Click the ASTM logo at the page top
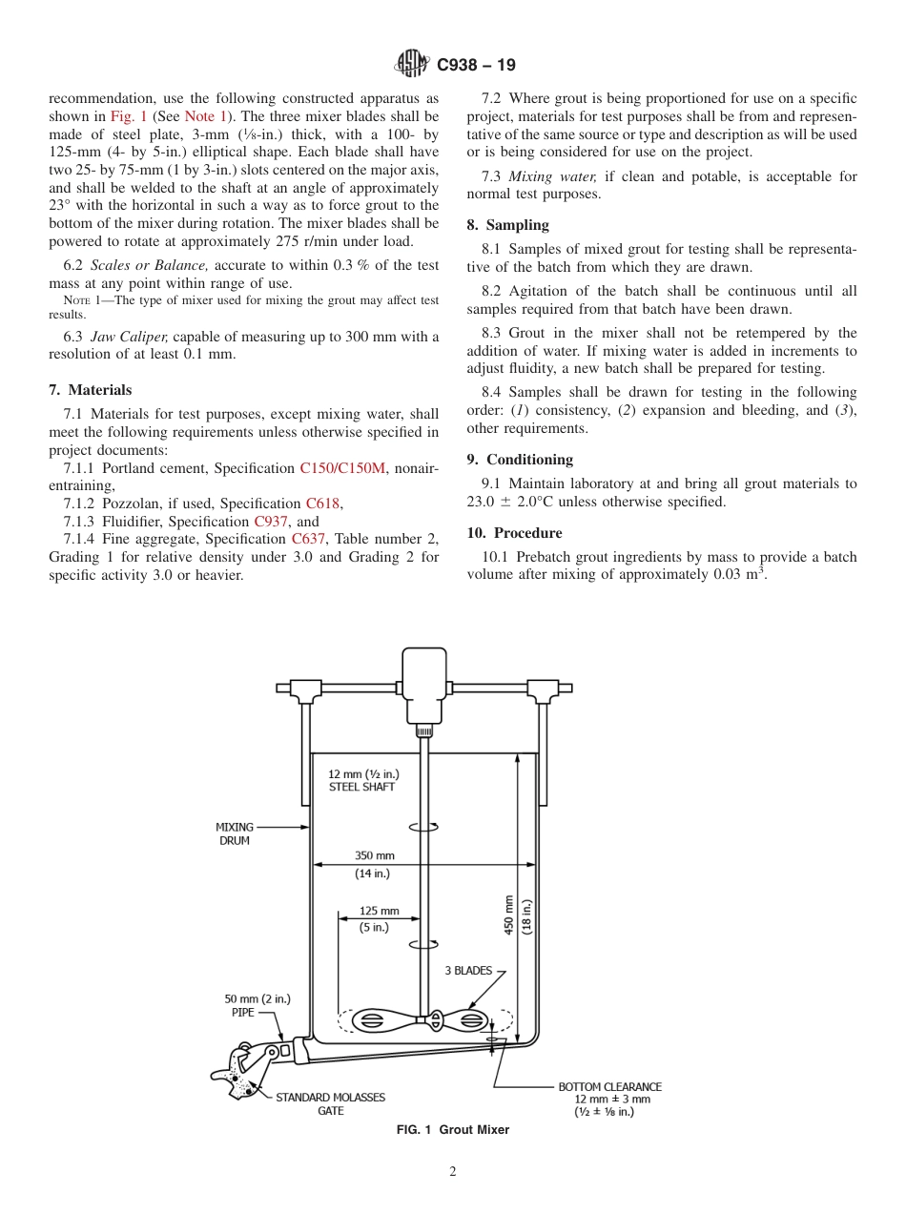(412, 65)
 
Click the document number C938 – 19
(476, 65)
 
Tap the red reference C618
(322, 504)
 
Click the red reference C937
(271, 522)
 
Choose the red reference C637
(309, 540)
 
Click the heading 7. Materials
(90, 390)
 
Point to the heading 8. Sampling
(507, 225)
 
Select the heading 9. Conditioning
(520, 460)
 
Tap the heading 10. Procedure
(514, 533)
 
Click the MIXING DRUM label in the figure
(235, 833)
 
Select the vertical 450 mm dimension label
(509, 914)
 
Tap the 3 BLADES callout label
(468, 971)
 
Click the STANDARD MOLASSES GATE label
(331, 1103)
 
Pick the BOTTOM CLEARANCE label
(609, 1086)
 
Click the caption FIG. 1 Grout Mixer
(453, 1130)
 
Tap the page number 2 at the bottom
(453, 1172)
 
